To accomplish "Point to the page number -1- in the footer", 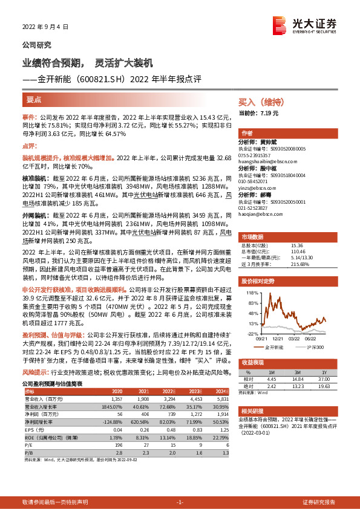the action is [x=180, y=502].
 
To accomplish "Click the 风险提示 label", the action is [x=36, y=373].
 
